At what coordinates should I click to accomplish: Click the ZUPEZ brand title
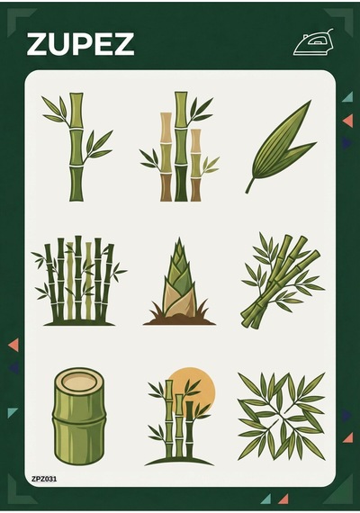(80, 43)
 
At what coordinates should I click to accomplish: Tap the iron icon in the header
(313, 42)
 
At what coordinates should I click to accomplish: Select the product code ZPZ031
(44, 479)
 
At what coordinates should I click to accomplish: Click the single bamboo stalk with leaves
(76, 147)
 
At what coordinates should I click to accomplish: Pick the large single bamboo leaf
(281, 148)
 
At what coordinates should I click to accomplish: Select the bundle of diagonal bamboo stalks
(282, 280)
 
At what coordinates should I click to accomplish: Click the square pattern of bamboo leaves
(282, 417)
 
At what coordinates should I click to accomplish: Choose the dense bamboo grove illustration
(78, 281)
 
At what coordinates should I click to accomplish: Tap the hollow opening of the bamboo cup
(79, 381)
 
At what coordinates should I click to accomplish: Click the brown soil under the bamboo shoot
(179, 319)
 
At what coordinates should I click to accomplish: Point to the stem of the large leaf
(249, 185)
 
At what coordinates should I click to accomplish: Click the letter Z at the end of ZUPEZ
(122, 44)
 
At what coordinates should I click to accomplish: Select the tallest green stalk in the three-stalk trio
(181, 146)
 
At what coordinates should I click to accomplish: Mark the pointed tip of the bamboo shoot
(179, 238)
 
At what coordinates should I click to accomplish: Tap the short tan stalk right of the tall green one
(196, 166)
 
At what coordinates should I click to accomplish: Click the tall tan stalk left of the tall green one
(166, 157)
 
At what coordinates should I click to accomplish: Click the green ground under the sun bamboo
(179, 461)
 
